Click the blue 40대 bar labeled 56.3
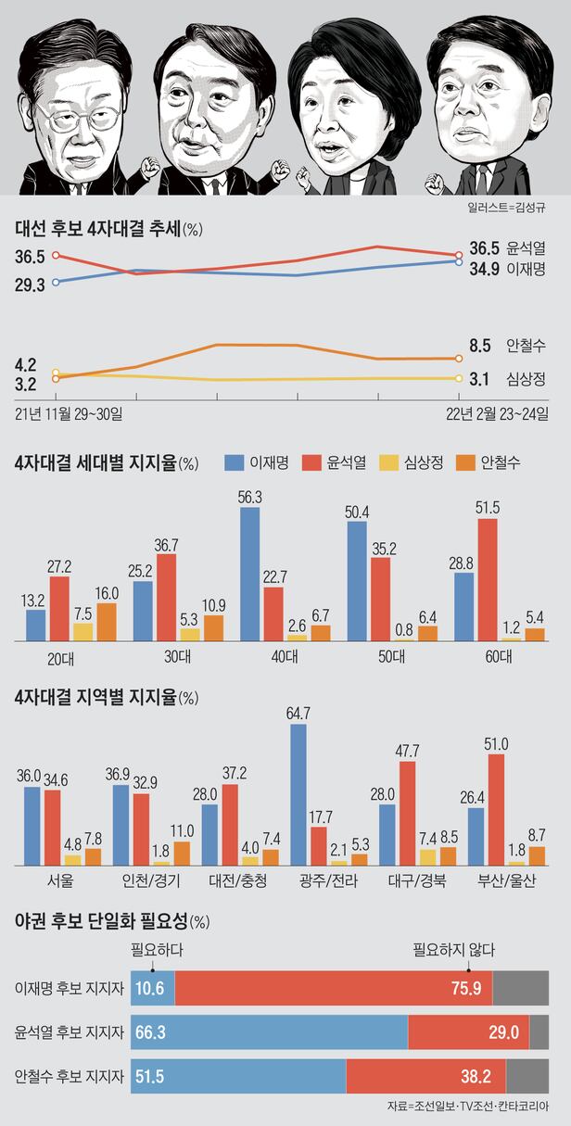pos(250,574)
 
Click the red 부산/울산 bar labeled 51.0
pos(497,809)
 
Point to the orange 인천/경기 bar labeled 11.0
pos(181,853)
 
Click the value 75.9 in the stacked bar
pos(465,988)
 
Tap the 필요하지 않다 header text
pos(454,949)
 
